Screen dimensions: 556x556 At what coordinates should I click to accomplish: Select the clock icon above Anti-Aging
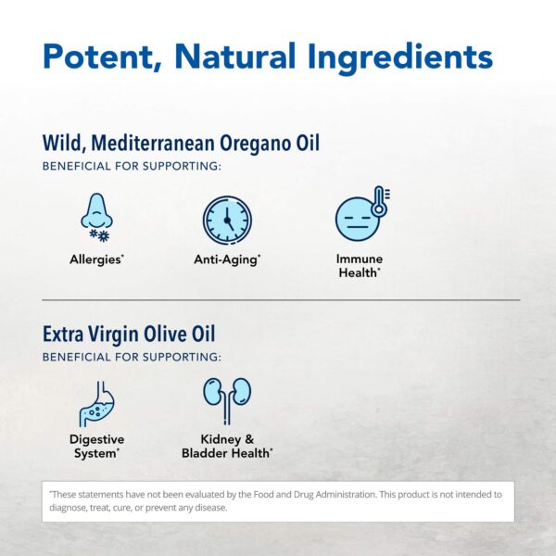click(x=226, y=221)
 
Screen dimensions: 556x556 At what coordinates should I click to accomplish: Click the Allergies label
click(x=96, y=259)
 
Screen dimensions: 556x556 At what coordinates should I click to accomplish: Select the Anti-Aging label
click(x=227, y=259)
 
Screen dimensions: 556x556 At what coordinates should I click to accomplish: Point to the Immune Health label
click(x=360, y=265)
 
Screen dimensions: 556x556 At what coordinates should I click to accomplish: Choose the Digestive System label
click(x=96, y=446)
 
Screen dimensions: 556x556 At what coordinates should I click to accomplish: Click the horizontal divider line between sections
click(x=278, y=300)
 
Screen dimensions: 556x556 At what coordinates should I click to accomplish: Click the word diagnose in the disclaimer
click(x=70, y=508)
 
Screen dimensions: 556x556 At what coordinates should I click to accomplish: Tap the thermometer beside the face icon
click(x=378, y=200)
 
